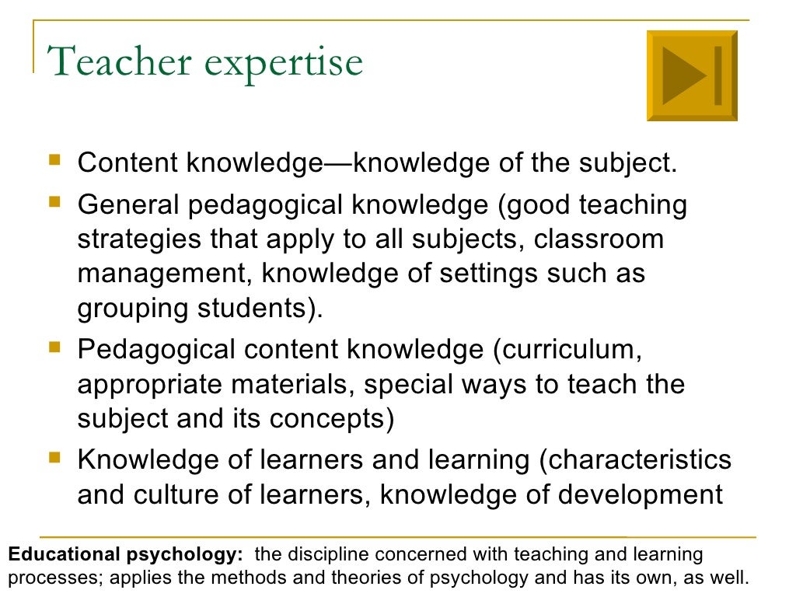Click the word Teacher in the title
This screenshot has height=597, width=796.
coord(117,61)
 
